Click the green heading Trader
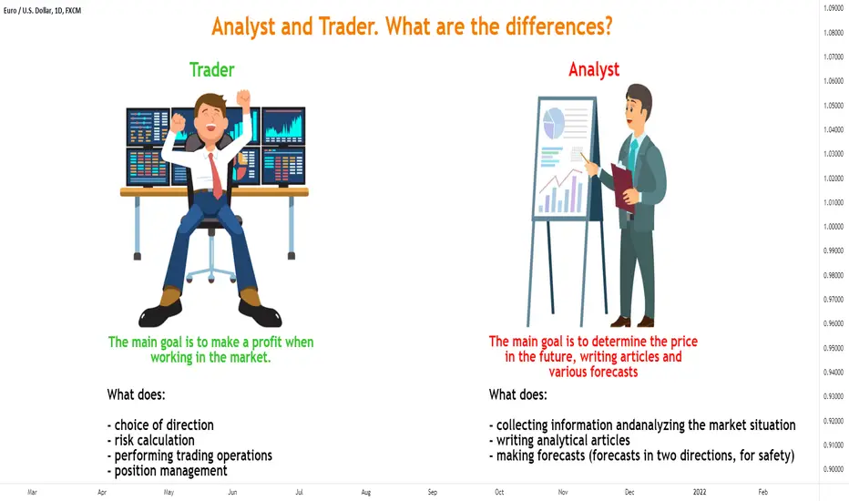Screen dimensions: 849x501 click(211, 70)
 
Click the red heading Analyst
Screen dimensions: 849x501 click(594, 70)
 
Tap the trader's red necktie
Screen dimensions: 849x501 click(216, 176)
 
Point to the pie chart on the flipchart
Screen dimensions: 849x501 click(553, 123)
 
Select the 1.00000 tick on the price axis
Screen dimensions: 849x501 click(834, 227)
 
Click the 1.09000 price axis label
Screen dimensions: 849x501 click(834, 8)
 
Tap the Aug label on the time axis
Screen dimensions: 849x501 click(366, 492)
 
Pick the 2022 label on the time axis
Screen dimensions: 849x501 click(700, 492)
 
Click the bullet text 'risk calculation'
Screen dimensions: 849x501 click(154, 440)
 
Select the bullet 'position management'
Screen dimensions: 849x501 click(170, 471)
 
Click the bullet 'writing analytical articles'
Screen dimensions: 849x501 click(563, 440)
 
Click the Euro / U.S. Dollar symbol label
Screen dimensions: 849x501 click(42, 10)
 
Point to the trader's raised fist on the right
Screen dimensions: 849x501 click(243, 98)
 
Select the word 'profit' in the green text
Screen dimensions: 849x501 click(266, 343)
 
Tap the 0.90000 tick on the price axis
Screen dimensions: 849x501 click(834, 470)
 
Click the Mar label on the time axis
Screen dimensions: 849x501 click(32, 492)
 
